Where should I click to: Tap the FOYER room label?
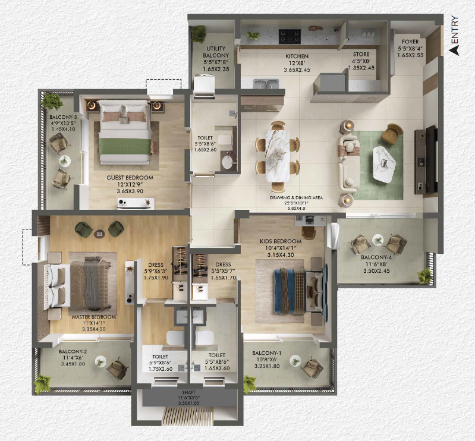pyautogui.click(x=410, y=42)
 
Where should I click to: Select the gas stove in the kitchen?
pyautogui.click(x=290, y=36)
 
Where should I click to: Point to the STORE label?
pyautogui.click(x=361, y=54)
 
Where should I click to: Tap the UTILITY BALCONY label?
pyautogui.click(x=216, y=52)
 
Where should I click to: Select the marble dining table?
pyautogui.click(x=277, y=156)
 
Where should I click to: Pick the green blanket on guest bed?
pyautogui.click(x=125, y=147)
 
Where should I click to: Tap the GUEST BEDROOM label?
pyautogui.click(x=130, y=178)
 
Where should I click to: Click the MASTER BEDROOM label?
pyautogui.click(x=94, y=317)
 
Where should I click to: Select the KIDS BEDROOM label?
pyautogui.click(x=281, y=241)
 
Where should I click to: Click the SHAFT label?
pyautogui.click(x=188, y=392)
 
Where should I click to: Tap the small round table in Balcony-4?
pyautogui.click(x=378, y=240)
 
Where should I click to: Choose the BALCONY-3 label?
pyautogui.click(x=63, y=117)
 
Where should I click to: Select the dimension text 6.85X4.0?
pyautogui.click(x=296, y=209)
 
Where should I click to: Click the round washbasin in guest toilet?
pyautogui.click(x=228, y=162)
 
